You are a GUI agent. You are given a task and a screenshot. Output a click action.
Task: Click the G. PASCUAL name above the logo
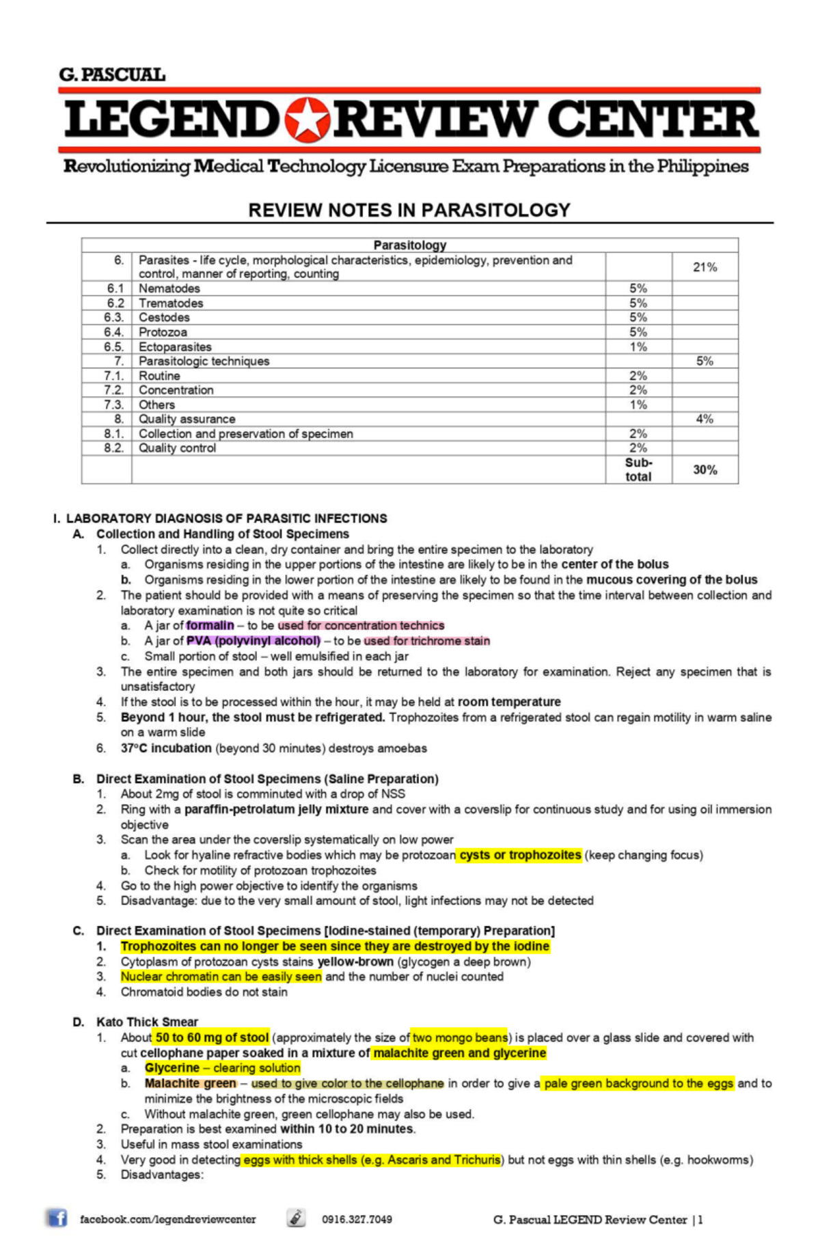[x=112, y=75]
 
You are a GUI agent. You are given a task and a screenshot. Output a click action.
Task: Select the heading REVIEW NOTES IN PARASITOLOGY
[x=409, y=210]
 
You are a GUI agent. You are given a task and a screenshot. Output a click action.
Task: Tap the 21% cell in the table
[x=705, y=267]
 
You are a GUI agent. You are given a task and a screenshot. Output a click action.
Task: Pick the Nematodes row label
[x=169, y=288]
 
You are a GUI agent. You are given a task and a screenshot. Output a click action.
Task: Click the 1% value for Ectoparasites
[x=638, y=346]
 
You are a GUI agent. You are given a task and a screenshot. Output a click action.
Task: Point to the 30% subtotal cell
[x=705, y=470]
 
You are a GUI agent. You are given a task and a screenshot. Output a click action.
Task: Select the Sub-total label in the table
[x=638, y=470]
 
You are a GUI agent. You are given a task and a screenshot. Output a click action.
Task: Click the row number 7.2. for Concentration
[x=114, y=390]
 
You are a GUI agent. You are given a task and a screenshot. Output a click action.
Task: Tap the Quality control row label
[x=177, y=448]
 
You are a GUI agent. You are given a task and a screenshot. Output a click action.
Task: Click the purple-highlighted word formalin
[x=210, y=625]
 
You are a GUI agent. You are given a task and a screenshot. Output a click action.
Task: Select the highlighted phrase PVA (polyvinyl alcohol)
[x=253, y=641]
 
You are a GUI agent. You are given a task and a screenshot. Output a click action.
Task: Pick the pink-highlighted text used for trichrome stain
[x=426, y=641]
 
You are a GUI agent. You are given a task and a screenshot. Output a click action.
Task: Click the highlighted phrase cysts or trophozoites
[x=520, y=855]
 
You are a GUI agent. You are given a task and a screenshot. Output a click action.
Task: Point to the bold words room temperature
[x=509, y=702]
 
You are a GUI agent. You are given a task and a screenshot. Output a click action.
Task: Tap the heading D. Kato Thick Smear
[x=146, y=1022]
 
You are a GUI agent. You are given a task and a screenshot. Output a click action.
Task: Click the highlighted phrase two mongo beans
[x=460, y=1037]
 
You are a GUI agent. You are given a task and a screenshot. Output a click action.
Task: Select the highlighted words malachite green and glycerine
[x=459, y=1053]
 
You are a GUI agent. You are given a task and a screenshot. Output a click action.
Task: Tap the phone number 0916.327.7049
[x=357, y=1219]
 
